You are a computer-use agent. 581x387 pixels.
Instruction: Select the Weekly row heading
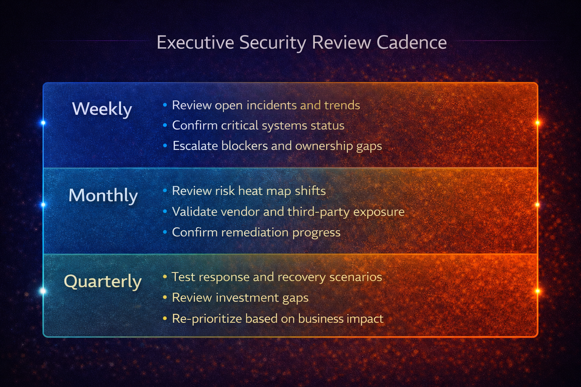coord(102,109)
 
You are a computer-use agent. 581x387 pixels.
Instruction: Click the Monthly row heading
coord(103,195)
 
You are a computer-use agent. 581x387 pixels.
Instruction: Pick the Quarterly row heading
coord(103,282)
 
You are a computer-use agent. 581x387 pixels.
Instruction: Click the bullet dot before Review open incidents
coord(165,105)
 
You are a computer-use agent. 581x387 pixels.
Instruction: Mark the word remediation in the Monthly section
coord(254,232)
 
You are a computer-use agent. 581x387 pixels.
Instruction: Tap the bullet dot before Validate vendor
coord(165,212)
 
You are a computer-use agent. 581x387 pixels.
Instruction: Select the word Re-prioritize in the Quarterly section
coord(207,319)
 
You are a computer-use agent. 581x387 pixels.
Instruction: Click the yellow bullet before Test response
coord(165,277)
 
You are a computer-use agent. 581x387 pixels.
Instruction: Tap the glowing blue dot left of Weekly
coord(43,123)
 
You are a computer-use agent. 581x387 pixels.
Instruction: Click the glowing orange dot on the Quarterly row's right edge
coord(537,291)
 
